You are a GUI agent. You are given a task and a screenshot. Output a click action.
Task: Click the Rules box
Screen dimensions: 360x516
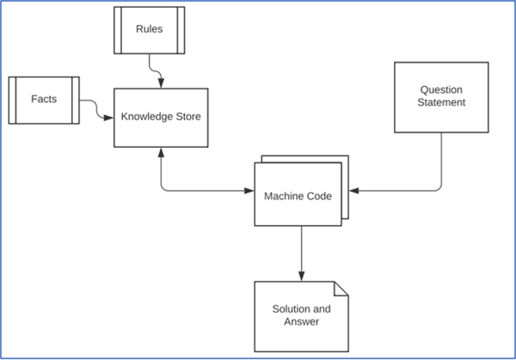point(150,29)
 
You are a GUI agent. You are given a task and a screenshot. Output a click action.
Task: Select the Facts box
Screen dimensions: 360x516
point(44,99)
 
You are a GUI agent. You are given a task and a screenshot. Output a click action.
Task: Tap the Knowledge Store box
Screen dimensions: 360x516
point(161,117)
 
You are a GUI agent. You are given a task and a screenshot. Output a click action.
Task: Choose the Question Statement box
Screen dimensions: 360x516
point(442,96)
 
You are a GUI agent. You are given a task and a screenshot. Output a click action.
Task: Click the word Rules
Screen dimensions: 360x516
point(150,29)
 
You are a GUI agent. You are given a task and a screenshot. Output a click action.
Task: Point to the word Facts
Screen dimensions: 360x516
point(44,99)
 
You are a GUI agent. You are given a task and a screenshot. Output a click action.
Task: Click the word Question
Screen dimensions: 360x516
point(442,89)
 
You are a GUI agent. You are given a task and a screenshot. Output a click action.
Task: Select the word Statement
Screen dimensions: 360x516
point(442,103)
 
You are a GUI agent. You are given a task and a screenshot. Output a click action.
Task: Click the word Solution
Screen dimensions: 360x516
point(295,308)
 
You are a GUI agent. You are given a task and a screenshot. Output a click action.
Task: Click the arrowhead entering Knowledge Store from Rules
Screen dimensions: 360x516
point(161,82)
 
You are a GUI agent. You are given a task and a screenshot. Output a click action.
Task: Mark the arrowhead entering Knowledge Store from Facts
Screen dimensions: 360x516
point(109,117)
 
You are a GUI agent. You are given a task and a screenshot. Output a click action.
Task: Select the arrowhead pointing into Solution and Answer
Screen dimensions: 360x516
point(300,275)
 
